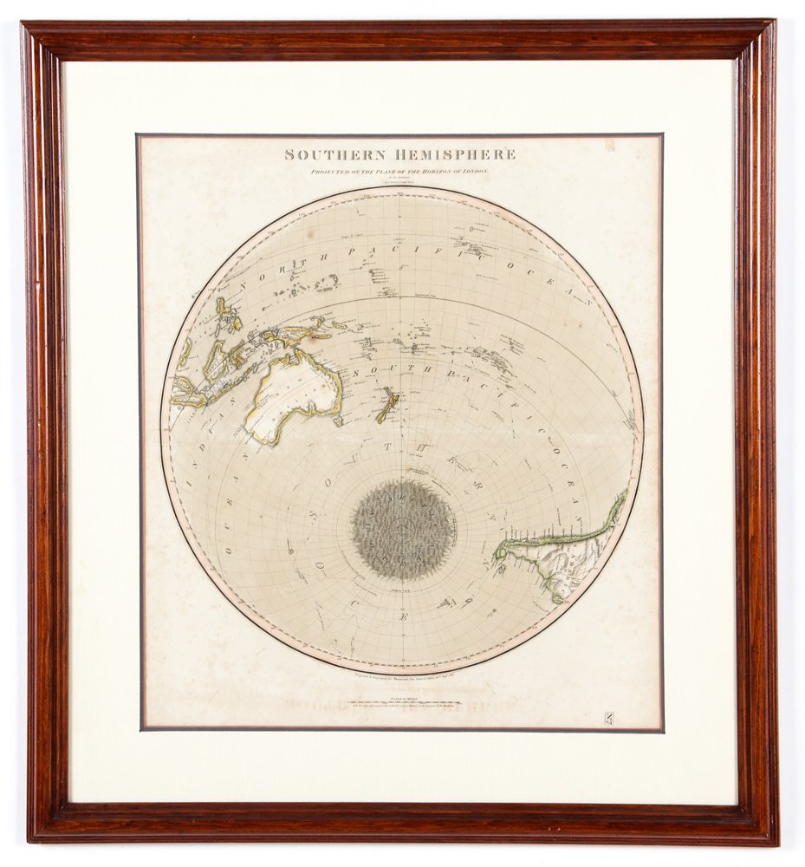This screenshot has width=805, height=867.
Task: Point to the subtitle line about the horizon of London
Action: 400,172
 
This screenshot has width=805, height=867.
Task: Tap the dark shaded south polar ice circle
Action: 404,530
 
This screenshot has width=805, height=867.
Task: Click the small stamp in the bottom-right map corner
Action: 608,717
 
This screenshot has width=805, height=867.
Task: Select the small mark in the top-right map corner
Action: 609,146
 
